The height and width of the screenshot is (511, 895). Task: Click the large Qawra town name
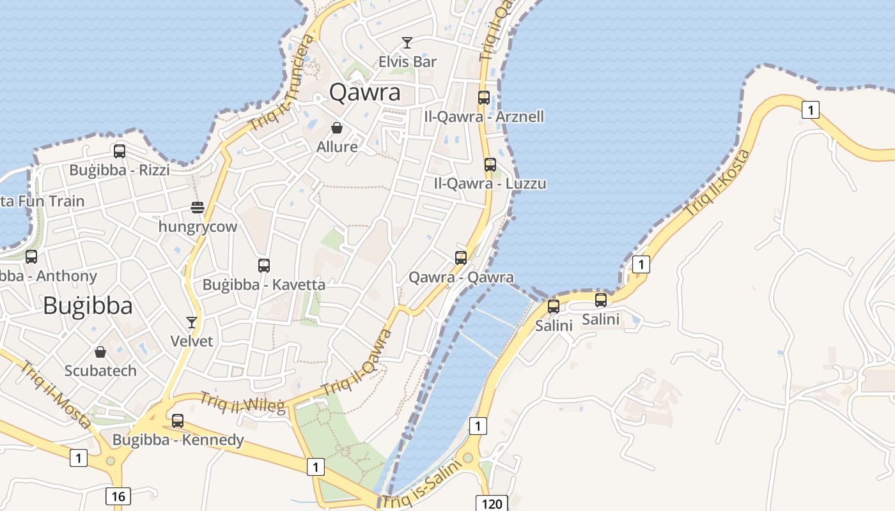[364, 93]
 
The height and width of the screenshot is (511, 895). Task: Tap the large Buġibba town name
[88, 306]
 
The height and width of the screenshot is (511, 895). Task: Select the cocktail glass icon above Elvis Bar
[407, 43]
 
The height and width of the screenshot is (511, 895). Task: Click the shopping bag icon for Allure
[337, 128]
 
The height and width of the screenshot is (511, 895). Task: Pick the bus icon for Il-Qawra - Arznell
[484, 98]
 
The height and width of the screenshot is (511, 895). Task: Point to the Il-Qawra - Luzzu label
[490, 184]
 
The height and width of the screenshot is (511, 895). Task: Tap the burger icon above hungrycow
[198, 208]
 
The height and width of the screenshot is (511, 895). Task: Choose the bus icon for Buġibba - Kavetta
[264, 266]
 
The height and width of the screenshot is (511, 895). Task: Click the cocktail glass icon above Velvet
[191, 322]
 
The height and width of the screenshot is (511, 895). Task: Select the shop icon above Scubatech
[100, 352]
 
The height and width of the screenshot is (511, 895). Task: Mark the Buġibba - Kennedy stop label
[178, 440]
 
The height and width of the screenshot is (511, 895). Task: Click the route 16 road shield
[118, 496]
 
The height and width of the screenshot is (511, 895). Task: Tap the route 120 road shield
[492, 504]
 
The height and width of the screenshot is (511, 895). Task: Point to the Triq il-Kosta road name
[717, 183]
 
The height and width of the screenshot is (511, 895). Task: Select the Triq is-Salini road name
[422, 485]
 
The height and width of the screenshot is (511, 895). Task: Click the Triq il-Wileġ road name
[243, 402]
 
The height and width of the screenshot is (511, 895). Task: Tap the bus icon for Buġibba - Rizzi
[120, 151]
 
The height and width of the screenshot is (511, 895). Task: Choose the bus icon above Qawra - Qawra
[461, 258]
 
